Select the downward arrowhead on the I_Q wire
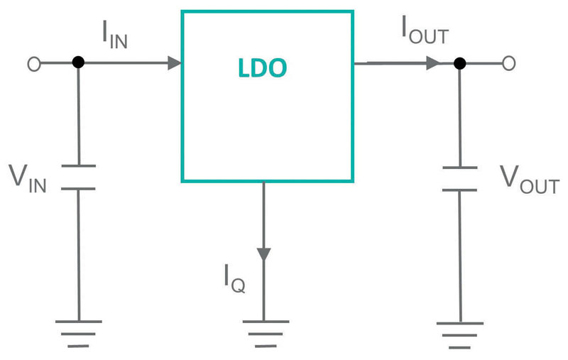264,253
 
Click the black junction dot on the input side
78,63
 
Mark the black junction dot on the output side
460,63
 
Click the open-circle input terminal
33,63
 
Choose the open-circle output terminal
508,63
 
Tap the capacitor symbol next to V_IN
78,178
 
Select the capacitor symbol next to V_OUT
460,179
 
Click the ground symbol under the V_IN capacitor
78,334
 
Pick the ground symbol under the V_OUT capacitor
460,334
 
